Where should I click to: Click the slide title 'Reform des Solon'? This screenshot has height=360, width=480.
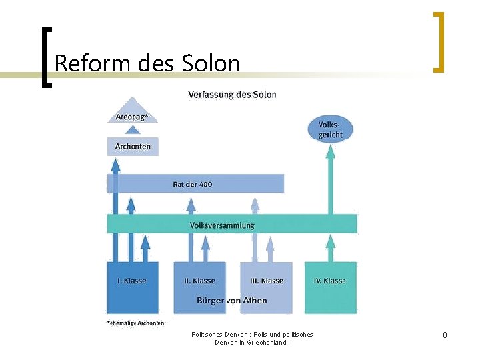click(147, 63)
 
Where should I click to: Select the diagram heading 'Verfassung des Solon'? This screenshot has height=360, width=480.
click(232, 95)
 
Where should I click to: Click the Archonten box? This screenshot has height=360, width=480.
click(133, 146)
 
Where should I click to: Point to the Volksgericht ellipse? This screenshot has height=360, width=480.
click(331, 129)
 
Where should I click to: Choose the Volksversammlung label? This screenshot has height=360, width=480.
click(222, 225)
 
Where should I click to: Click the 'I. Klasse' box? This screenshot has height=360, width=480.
click(132, 287)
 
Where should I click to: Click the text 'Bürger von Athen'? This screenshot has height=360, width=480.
click(231, 301)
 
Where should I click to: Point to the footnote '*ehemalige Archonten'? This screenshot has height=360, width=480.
click(135, 323)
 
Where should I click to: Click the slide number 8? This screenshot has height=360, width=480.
click(445, 335)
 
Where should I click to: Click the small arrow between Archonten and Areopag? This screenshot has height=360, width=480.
click(132, 131)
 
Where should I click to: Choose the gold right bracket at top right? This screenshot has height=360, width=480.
click(438, 41)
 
